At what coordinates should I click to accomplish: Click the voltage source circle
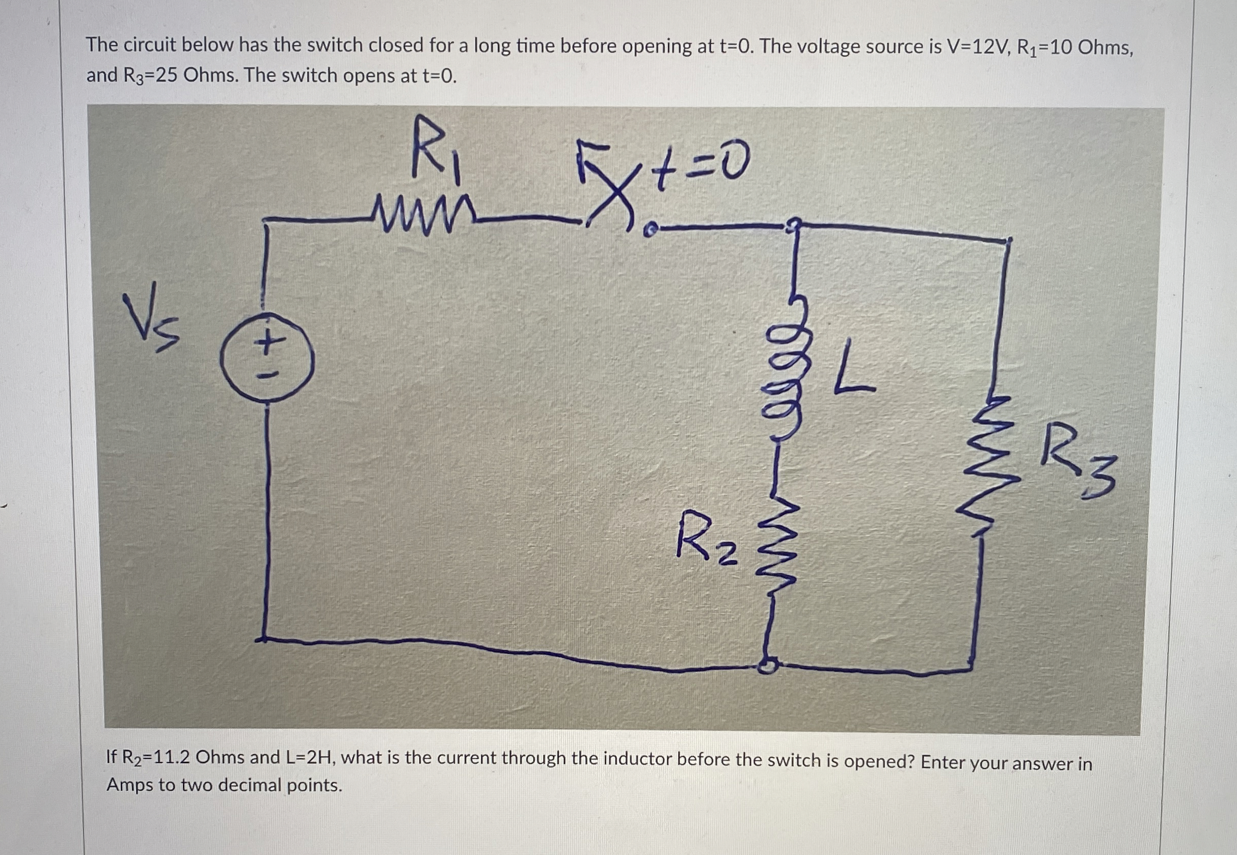point(266,358)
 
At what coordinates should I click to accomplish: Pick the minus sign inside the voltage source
point(266,376)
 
